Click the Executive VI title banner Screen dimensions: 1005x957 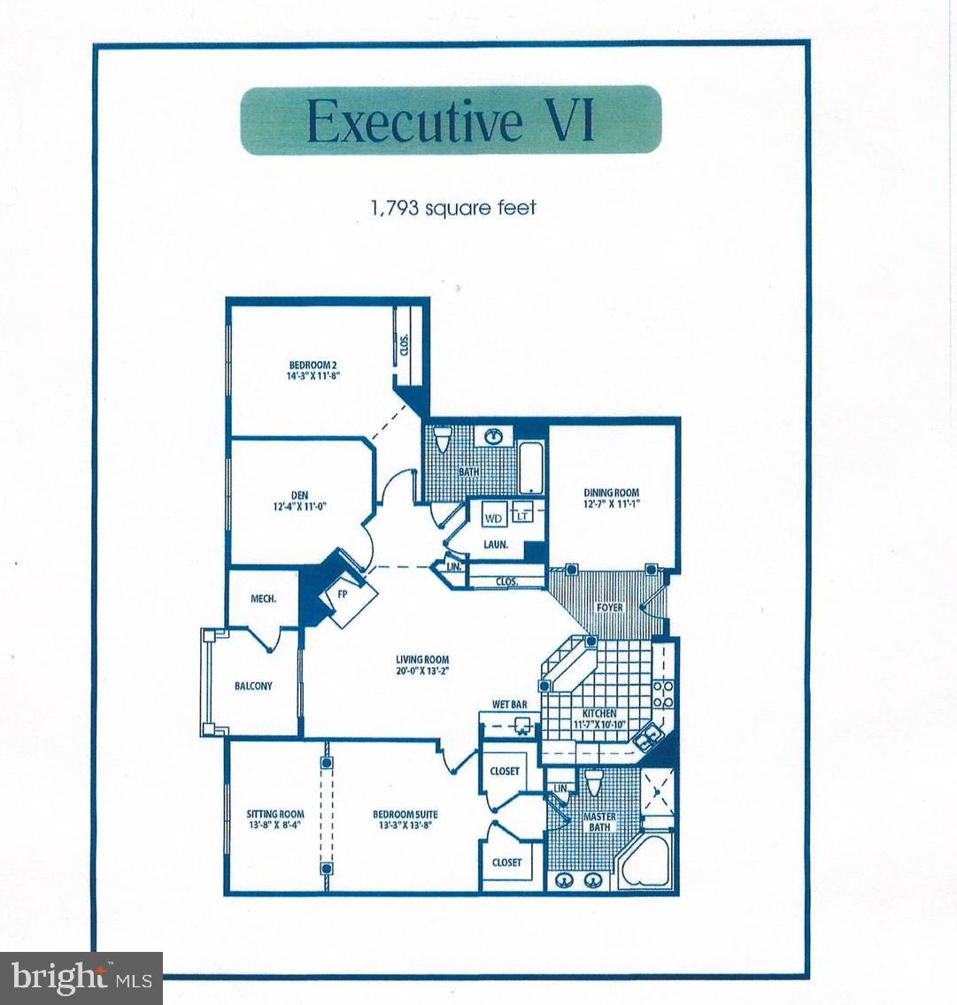coord(451,120)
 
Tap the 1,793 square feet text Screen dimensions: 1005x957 coord(453,208)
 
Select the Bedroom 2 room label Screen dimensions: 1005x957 coord(313,370)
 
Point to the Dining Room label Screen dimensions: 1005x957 coord(611,498)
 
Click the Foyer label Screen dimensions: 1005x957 coord(609,608)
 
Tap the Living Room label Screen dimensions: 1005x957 coord(422,664)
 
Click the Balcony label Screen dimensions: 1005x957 coord(253,686)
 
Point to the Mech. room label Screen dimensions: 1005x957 coord(263,599)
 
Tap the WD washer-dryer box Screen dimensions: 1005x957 coord(493,518)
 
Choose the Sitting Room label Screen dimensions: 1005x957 coord(275,819)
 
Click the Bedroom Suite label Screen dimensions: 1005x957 coord(405,819)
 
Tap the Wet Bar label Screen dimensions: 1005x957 coord(509,705)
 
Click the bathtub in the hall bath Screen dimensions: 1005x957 coord(531,465)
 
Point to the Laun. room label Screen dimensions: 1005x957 coord(496,545)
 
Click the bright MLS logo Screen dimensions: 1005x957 coord(81,978)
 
